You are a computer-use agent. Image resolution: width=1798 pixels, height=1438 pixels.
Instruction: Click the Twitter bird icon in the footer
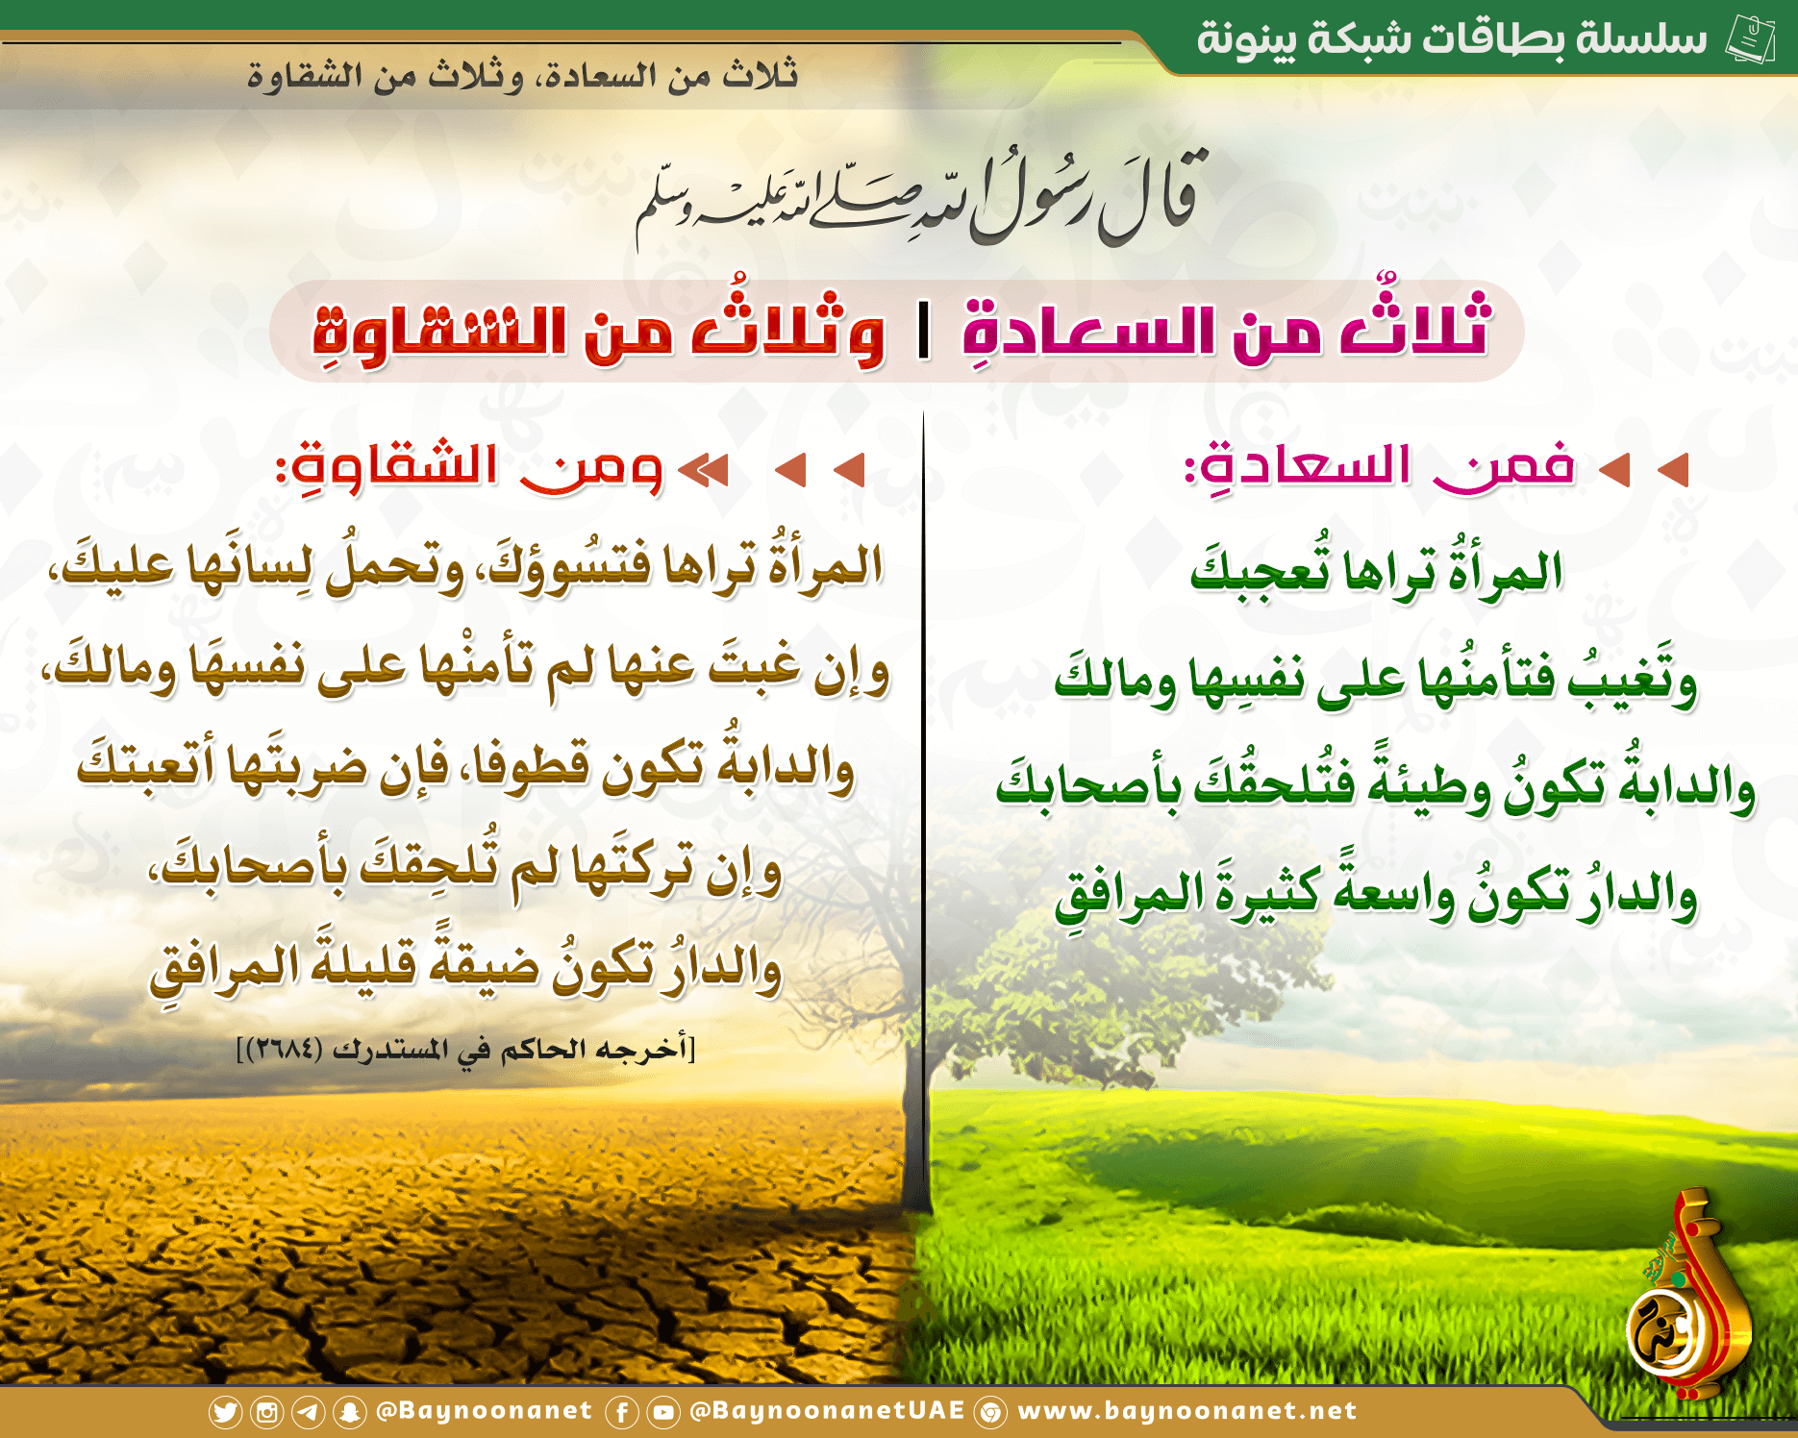[x=225, y=1412]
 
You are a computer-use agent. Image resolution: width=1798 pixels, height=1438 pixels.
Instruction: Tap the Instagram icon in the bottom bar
[x=266, y=1412]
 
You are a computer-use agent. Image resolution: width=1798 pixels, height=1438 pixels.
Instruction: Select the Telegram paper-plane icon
[x=308, y=1412]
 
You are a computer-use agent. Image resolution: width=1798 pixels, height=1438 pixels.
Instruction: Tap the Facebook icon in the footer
[x=621, y=1412]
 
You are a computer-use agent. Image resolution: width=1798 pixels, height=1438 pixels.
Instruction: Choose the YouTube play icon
[x=662, y=1412]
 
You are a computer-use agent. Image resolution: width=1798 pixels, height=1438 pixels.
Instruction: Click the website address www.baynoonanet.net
[x=1186, y=1411]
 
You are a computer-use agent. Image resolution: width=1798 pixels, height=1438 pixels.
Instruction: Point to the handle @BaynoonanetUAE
[x=827, y=1410]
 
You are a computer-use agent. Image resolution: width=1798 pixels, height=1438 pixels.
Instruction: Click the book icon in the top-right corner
[x=1750, y=39]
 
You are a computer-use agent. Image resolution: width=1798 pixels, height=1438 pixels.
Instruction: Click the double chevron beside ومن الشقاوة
[x=704, y=470]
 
